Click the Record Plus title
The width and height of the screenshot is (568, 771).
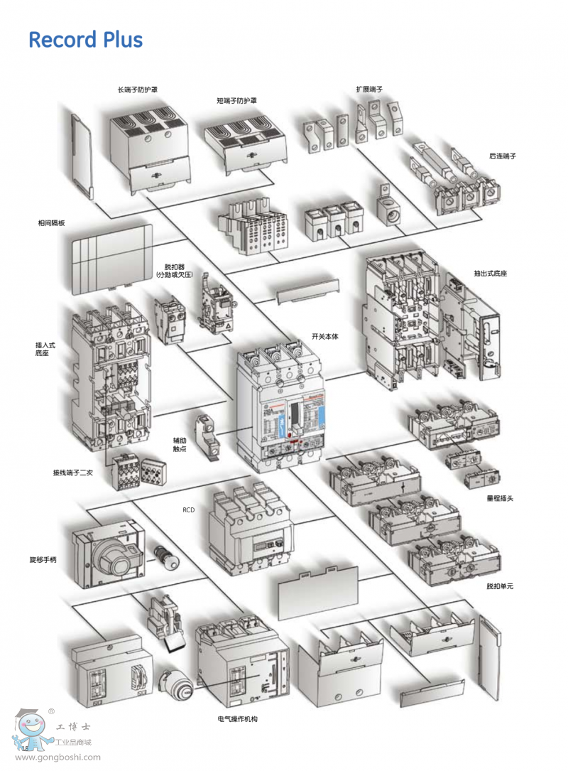click(x=85, y=39)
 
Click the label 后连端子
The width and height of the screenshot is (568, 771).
click(x=502, y=155)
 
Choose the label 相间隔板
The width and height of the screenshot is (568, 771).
click(x=51, y=223)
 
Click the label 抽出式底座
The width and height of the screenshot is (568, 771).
click(x=491, y=273)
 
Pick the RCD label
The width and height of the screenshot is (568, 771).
click(x=188, y=509)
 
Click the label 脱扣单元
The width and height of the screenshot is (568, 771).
click(x=500, y=586)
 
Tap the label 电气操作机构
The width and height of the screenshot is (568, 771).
click(x=238, y=719)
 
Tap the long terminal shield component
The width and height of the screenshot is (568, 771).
click(x=150, y=149)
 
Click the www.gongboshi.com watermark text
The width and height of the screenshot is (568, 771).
click(x=58, y=757)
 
